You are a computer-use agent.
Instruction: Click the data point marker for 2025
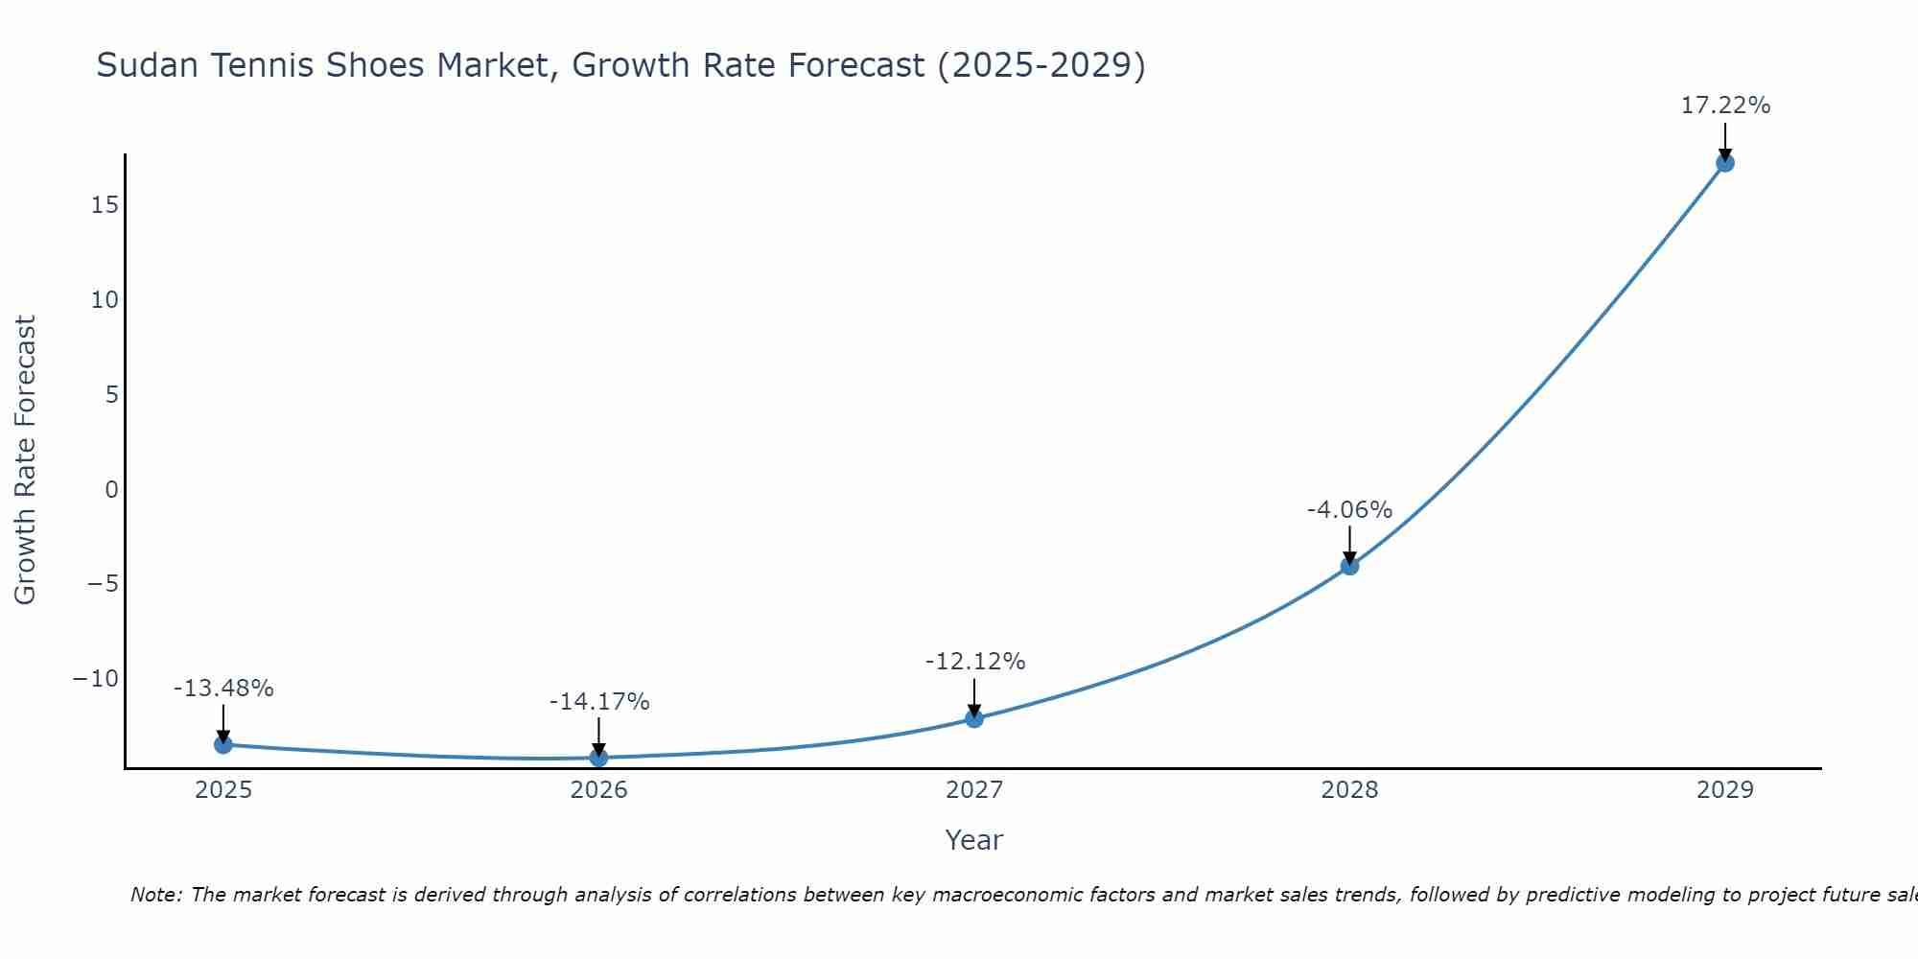point(223,744)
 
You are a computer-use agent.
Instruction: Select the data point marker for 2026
point(598,758)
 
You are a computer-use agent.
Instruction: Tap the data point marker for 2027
point(974,718)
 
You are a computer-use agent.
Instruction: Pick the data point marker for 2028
point(1349,566)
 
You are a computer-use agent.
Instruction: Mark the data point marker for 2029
point(1725,163)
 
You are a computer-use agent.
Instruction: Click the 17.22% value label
point(1725,105)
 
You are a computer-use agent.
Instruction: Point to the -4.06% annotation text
point(1349,509)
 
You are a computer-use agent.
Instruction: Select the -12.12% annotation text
point(974,661)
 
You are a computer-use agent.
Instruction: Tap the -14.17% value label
point(598,701)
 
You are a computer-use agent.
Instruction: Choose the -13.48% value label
point(223,688)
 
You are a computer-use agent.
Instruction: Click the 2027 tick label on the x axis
point(974,790)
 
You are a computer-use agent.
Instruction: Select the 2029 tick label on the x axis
point(1725,790)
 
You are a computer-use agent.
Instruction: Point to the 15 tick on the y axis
point(105,205)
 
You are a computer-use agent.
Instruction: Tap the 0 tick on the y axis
point(112,490)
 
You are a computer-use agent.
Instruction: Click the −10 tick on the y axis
point(96,679)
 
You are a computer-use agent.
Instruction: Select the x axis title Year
point(973,840)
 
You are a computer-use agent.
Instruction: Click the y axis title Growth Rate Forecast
point(25,460)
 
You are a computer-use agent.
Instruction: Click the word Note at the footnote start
point(155,895)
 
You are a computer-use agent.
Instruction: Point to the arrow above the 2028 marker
point(1349,545)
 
